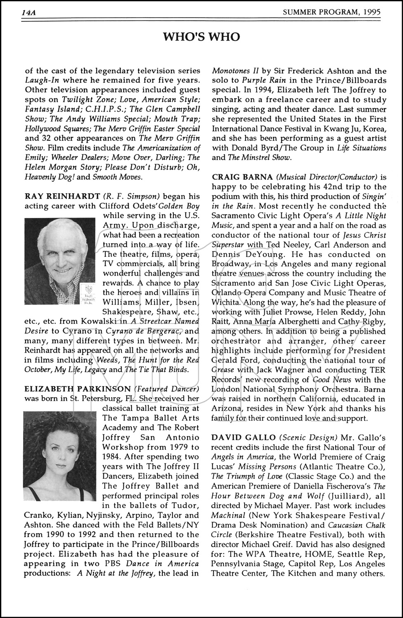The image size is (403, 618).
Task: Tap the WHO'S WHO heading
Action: click(x=201, y=37)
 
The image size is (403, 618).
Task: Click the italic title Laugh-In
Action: click(x=41, y=81)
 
